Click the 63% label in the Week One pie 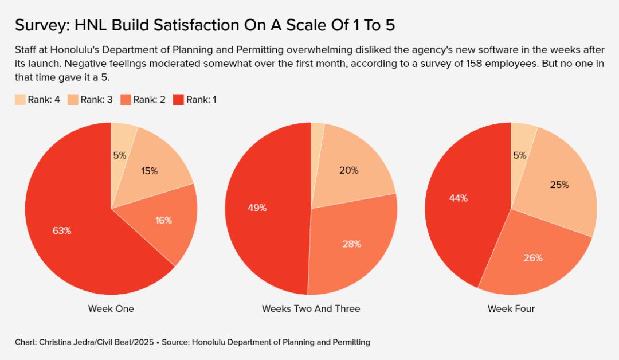pyautogui.click(x=62, y=230)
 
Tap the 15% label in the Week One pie pyautogui.click(x=149, y=171)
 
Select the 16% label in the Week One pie pyautogui.click(x=163, y=220)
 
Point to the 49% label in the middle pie pyautogui.click(x=257, y=208)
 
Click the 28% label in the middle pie pyautogui.click(x=352, y=244)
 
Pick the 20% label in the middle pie pyautogui.click(x=348, y=170)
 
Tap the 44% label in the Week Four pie pyautogui.click(x=459, y=198)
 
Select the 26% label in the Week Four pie pyautogui.click(x=533, y=257)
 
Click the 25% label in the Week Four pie pyautogui.click(x=559, y=185)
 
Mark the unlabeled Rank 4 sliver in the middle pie pyautogui.click(x=318, y=131)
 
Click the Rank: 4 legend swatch pyautogui.click(x=20, y=100)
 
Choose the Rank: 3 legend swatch pyautogui.click(x=73, y=100)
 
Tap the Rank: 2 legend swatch pyautogui.click(x=126, y=100)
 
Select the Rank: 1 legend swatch pyautogui.click(x=178, y=100)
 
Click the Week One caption pyautogui.click(x=111, y=308)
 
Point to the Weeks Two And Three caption pyautogui.click(x=311, y=308)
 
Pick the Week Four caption pyautogui.click(x=511, y=308)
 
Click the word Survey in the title pyautogui.click(x=39, y=25)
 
